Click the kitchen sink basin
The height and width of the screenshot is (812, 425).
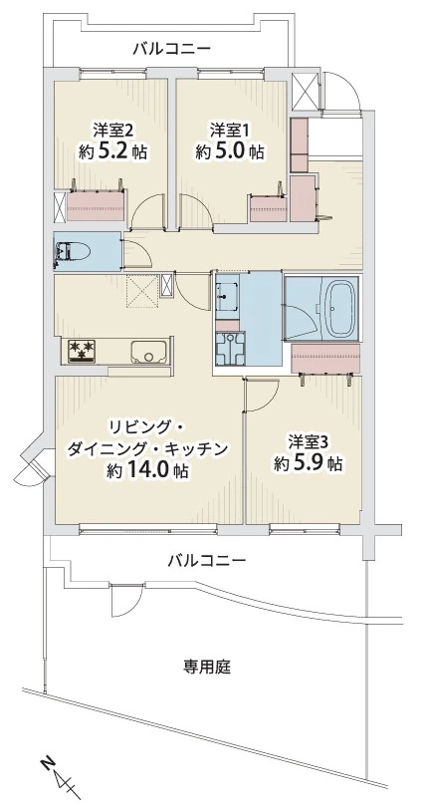pyautogui.click(x=147, y=351)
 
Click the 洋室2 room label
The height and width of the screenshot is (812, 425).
pyautogui.click(x=112, y=130)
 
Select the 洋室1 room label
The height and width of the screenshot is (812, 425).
pyautogui.click(x=229, y=130)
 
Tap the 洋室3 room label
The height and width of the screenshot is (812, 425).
pyautogui.click(x=309, y=440)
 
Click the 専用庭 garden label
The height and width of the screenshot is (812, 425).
pyautogui.click(x=207, y=667)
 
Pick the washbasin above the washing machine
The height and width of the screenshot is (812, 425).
pyautogui.click(x=227, y=295)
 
